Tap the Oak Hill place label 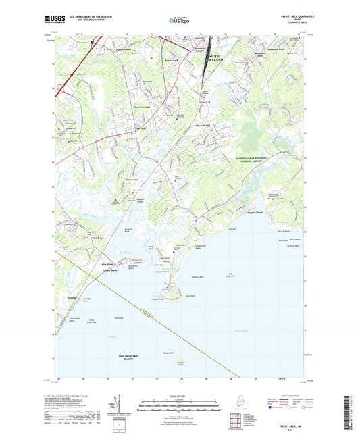click(140, 130)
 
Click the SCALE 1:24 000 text click(180, 395)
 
